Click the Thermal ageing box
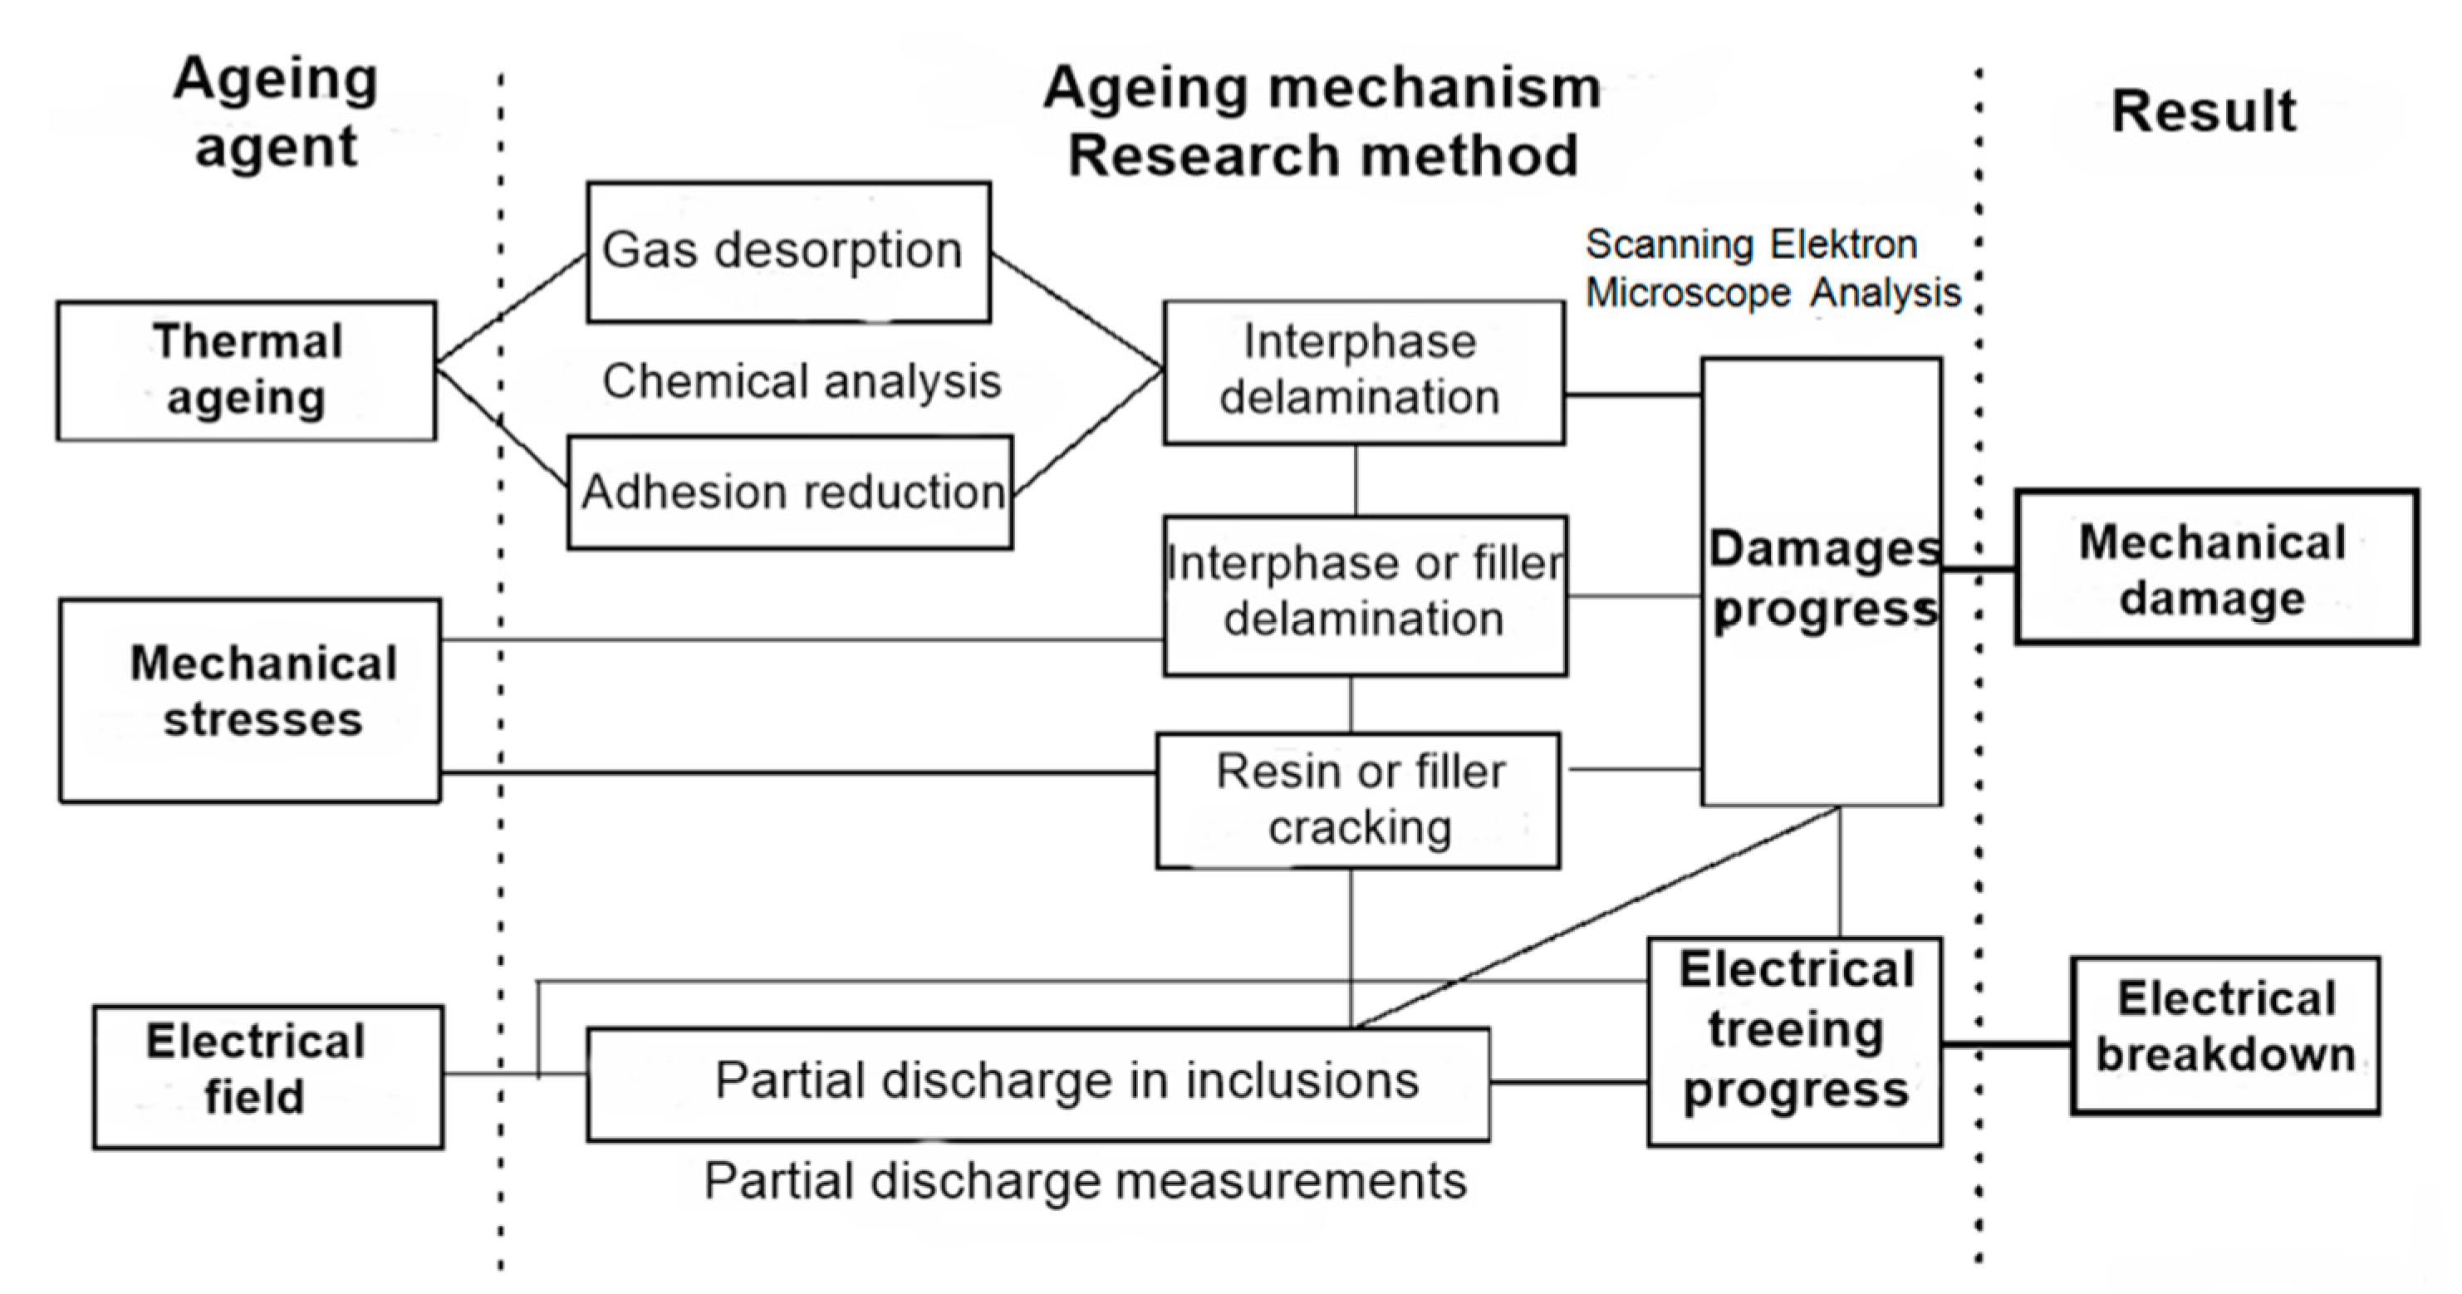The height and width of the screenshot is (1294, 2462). pos(247,370)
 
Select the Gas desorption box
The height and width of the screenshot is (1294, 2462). pos(787,252)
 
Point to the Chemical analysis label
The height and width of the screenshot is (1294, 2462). pos(801,380)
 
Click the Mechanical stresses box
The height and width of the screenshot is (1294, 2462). pos(250,699)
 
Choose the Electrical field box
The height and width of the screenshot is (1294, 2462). pos(267,1076)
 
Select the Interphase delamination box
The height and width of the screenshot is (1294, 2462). pos(1363,372)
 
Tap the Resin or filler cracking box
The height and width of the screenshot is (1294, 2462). pos(1358,800)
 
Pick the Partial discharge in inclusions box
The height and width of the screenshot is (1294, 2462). pos(1038,1084)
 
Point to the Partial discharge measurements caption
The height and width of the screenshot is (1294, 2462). pos(1085,1180)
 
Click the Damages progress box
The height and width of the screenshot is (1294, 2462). pos(1821,581)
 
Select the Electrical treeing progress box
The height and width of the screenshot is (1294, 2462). pos(1794,1041)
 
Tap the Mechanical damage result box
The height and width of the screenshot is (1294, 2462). pos(2215,566)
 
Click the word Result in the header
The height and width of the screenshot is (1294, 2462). pos(2202,112)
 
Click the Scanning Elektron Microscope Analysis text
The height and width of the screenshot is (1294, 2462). pos(1772,268)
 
